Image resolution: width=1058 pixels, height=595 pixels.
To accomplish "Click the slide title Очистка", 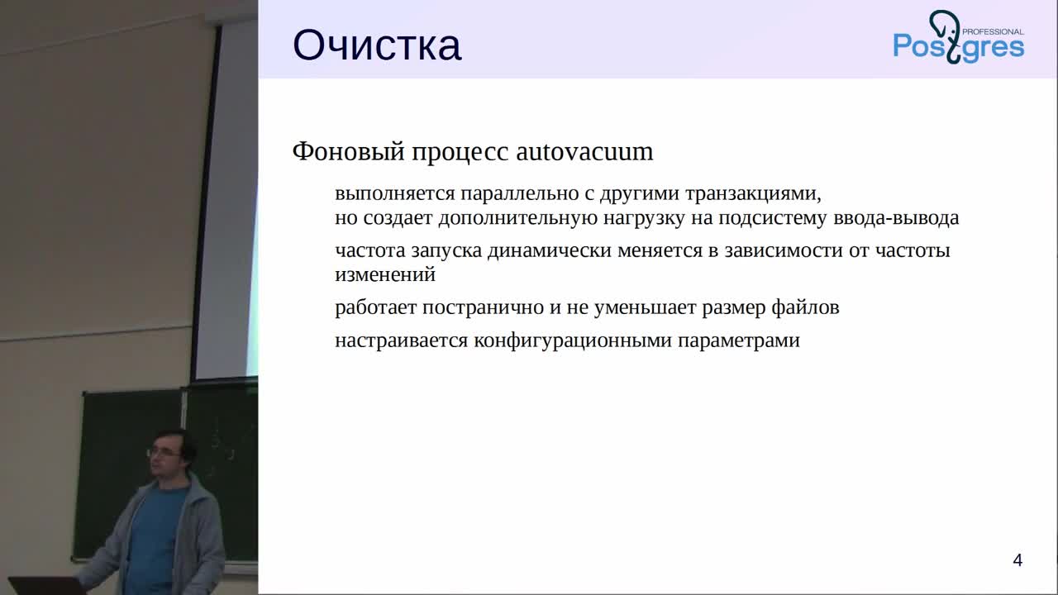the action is pos(376,45).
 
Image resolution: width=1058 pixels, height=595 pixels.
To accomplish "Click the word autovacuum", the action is pos(584,151).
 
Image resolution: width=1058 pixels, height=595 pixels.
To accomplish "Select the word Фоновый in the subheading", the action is pos(349,152).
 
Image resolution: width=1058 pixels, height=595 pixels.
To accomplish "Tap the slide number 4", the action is pos(1017,560).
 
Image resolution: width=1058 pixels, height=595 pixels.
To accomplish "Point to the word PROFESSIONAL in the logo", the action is pos(993,31).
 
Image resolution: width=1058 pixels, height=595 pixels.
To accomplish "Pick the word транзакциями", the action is pos(753,193).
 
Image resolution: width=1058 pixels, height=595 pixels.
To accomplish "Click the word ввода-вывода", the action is pos(896,217).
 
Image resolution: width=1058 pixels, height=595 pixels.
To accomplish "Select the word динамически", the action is pos(550,250).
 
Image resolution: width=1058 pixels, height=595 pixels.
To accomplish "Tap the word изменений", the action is pos(385,274).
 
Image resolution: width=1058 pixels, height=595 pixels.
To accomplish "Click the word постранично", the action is pos(483,307).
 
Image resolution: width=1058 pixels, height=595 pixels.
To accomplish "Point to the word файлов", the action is pos(805,307).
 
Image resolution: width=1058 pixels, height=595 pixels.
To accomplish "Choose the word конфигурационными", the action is pos(573,340).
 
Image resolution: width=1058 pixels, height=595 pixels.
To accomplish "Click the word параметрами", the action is pos(739,341).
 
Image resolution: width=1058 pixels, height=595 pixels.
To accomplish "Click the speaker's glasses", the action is pos(163,452).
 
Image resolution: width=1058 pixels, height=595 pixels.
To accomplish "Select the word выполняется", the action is pos(395,193).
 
